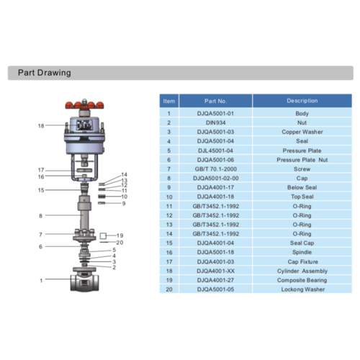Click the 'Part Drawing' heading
click(44, 73)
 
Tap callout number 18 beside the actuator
click(41, 126)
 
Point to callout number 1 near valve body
click(41, 280)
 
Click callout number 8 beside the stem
click(41, 215)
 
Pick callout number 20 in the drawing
click(120, 242)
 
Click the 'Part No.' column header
click(216, 102)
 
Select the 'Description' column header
click(302, 102)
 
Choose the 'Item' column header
click(169, 102)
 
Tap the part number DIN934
click(216, 122)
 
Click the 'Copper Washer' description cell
click(302, 132)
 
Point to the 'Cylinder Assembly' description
click(302, 271)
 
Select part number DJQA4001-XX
click(216, 271)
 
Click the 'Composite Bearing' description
click(302, 280)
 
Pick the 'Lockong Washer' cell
click(302, 289)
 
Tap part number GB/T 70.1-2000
click(216, 168)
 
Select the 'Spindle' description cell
click(302, 253)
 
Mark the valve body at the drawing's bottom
click(84, 280)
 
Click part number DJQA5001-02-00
click(216, 178)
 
